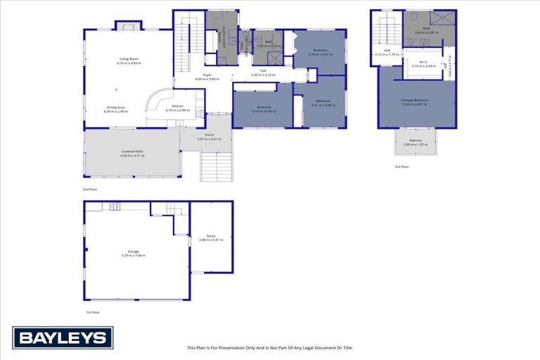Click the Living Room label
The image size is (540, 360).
[x=129, y=59]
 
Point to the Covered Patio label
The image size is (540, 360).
[x=133, y=152]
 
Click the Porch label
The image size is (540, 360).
[x=210, y=135]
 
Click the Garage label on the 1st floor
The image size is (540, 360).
[x=133, y=251]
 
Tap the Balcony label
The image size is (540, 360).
[x=417, y=141]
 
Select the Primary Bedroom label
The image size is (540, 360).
[x=415, y=101]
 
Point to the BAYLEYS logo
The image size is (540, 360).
[x=63, y=338]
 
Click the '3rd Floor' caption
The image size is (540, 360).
[x=401, y=167]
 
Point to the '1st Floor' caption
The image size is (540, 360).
[x=93, y=312]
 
